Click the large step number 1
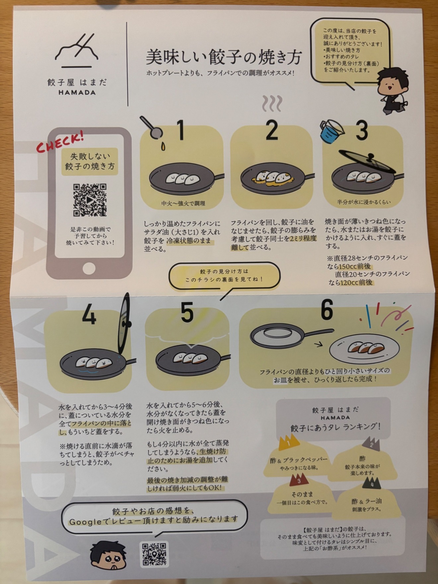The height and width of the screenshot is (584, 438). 181,130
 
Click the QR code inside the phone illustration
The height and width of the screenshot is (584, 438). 90,200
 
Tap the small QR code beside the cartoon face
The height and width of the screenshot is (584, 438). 154,554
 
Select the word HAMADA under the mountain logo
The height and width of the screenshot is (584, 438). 77,93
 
